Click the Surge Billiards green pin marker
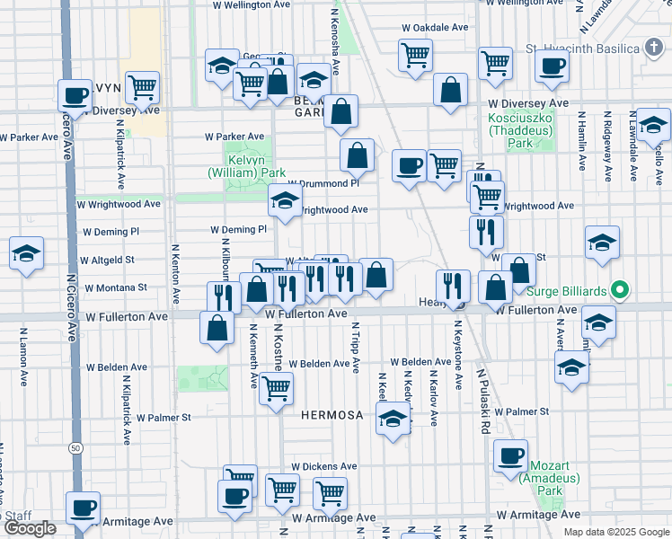pyautogui.click(x=618, y=291)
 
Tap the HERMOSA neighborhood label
pyautogui.click(x=332, y=416)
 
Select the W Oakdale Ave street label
pyautogui.click(x=435, y=27)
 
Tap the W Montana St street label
pyautogui.click(x=116, y=288)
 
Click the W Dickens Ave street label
pyautogui.click(x=323, y=467)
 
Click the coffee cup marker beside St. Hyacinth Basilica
pyautogui.click(x=552, y=65)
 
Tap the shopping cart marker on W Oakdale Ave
pyautogui.click(x=415, y=54)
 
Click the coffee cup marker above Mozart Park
pyautogui.click(x=511, y=455)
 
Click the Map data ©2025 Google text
pyautogui.click(x=615, y=532)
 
